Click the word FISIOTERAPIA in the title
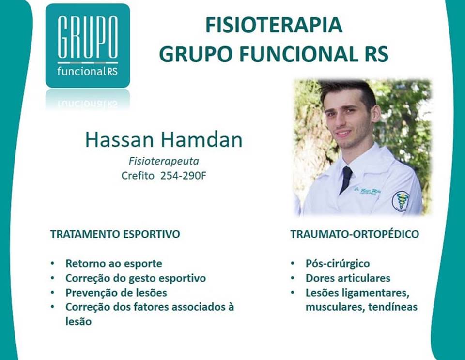point(274,25)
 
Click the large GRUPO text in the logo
point(88,37)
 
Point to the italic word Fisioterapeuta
point(164,161)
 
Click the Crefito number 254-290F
point(183,176)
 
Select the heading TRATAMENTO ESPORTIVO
point(115,234)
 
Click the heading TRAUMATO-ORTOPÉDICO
point(355,234)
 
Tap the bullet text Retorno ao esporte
point(114,263)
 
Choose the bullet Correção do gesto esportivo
point(136,278)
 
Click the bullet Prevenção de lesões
point(116,293)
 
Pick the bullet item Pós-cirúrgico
point(338,263)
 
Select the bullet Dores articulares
point(348,278)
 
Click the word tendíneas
point(393,307)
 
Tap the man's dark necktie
point(346,179)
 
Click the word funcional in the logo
point(80,72)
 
